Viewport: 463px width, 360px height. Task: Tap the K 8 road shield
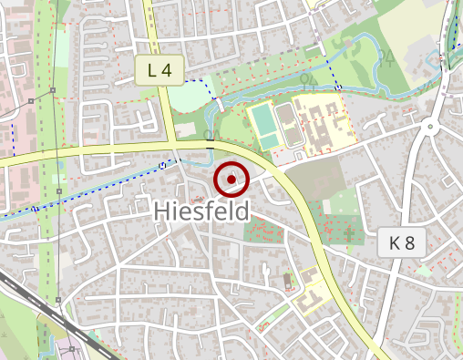(x=401, y=243)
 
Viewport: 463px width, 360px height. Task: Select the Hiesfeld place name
(x=201, y=211)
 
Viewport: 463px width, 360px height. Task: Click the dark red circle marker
(x=231, y=180)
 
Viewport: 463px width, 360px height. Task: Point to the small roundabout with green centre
(x=431, y=128)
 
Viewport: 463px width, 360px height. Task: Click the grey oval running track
(x=290, y=126)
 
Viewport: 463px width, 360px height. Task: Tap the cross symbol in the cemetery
(x=349, y=235)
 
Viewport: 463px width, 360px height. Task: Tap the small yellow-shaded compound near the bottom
(x=313, y=293)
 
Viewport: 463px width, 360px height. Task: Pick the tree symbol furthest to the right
(x=386, y=59)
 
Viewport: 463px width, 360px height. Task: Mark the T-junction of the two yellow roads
(x=173, y=145)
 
